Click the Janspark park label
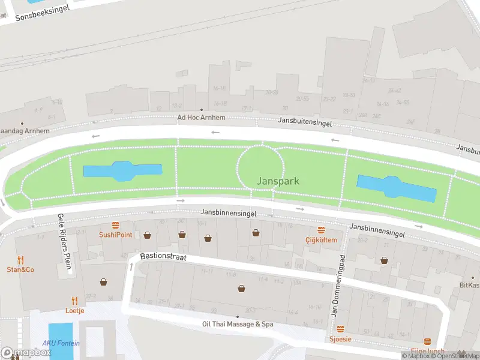(278, 181)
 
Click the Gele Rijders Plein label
(65, 243)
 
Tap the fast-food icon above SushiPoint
(116, 225)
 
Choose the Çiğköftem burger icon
(321, 230)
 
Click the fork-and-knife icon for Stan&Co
(20, 260)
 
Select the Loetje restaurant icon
(74, 301)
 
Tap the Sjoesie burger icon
(340, 329)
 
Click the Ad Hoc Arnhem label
(201, 118)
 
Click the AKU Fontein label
(61, 344)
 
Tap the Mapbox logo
(26, 353)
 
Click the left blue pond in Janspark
(122, 171)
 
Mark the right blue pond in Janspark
(396, 188)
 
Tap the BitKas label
(469, 285)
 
